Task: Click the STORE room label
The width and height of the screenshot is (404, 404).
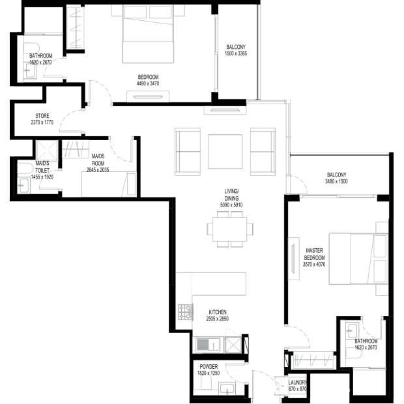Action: point(42,116)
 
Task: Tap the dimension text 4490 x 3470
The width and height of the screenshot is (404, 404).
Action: point(148,83)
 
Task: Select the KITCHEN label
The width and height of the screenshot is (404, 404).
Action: point(218,312)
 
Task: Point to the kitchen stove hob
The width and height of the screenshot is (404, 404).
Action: point(186,312)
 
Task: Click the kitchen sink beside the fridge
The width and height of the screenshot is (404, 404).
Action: point(208,345)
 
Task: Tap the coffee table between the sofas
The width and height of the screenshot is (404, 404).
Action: point(225,151)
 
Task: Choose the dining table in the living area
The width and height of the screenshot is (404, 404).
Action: point(230,229)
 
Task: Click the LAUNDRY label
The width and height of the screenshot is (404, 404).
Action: point(298,382)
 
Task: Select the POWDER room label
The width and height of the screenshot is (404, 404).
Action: point(209,366)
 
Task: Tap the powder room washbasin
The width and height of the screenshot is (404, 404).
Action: point(227,388)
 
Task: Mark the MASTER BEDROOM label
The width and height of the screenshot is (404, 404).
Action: point(314,254)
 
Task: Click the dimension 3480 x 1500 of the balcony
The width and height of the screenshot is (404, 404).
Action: point(336,181)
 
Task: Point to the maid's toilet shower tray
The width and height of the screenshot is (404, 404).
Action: point(47,151)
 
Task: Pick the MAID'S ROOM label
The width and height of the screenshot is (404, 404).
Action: point(98,160)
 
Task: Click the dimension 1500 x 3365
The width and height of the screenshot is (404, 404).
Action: point(236,53)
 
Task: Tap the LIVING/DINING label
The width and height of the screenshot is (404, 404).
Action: point(231,195)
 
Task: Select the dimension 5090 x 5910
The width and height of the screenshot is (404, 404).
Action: point(231,205)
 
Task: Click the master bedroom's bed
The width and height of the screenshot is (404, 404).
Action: point(358,259)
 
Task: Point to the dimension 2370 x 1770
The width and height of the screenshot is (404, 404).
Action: point(42,123)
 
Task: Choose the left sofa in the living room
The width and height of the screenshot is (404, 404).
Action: point(188,152)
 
